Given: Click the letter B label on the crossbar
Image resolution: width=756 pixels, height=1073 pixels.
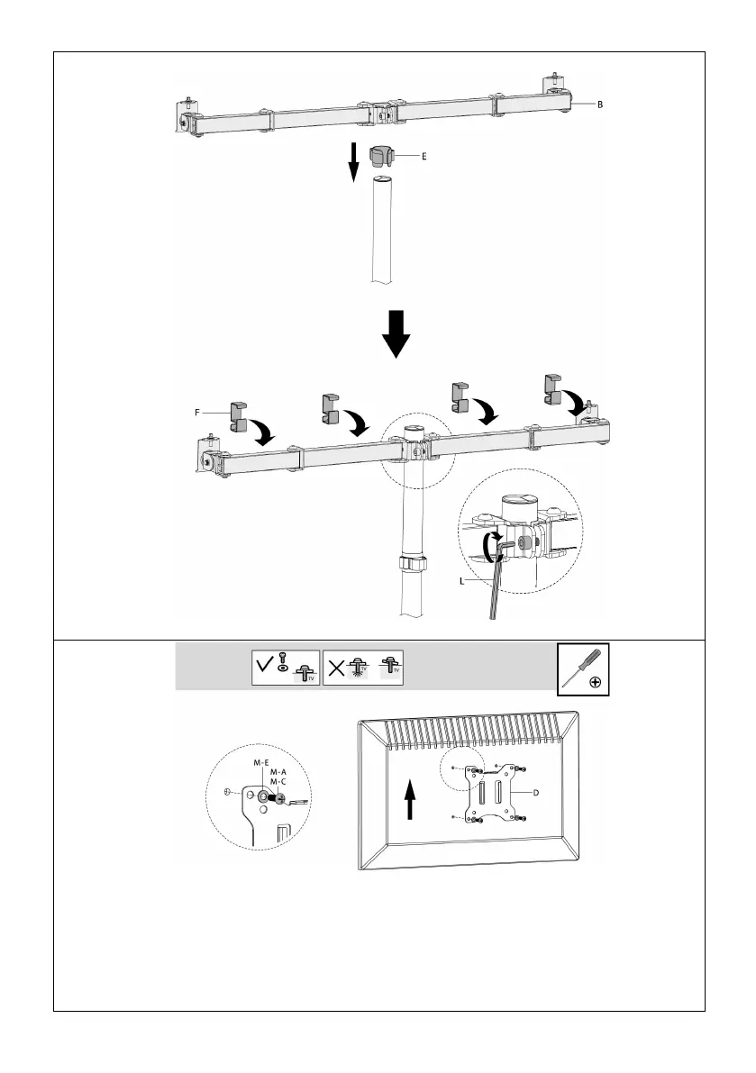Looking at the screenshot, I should pos(600,105).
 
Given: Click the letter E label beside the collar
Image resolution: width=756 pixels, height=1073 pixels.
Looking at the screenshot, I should pos(424,156).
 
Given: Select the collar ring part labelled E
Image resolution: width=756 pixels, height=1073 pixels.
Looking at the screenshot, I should pos(383,155).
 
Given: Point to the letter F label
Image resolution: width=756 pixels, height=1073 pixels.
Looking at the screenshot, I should pos(197,412).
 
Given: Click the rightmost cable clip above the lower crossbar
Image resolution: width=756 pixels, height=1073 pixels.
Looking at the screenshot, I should pos(554,388).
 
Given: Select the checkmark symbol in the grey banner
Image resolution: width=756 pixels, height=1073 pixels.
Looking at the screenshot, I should pos(264,668).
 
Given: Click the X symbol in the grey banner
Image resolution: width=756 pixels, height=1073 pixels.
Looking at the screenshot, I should pos(334,668).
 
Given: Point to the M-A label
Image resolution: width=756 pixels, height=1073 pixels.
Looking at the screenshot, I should pos(278,772).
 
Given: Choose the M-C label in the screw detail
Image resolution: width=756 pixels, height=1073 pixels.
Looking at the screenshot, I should pos(278,782).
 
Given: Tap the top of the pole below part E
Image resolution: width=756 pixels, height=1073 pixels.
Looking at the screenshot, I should pos(383,181).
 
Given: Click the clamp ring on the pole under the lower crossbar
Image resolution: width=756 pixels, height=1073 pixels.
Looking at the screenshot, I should pos(412,566).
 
